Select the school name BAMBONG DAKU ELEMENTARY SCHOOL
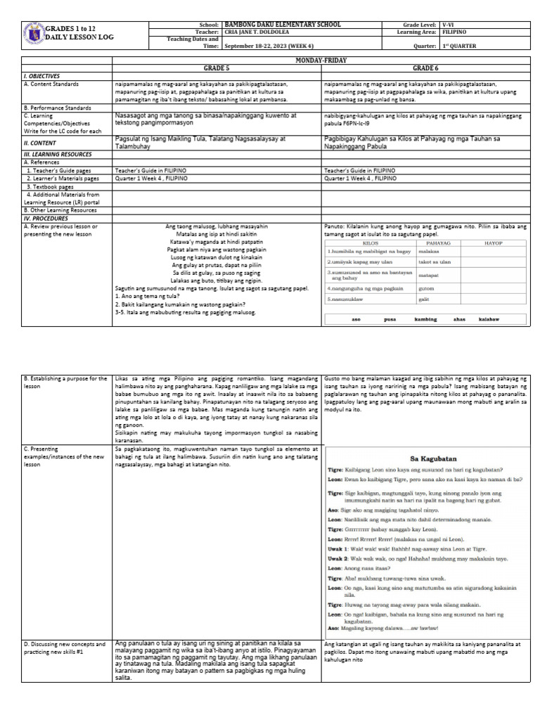tap(283, 25)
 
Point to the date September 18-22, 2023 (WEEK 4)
tap(269, 46)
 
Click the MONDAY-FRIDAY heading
tap(322, 61)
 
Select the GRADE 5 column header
tap(216, 68)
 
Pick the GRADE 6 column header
tap(425, 68)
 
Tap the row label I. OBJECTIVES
tap(42, 75)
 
